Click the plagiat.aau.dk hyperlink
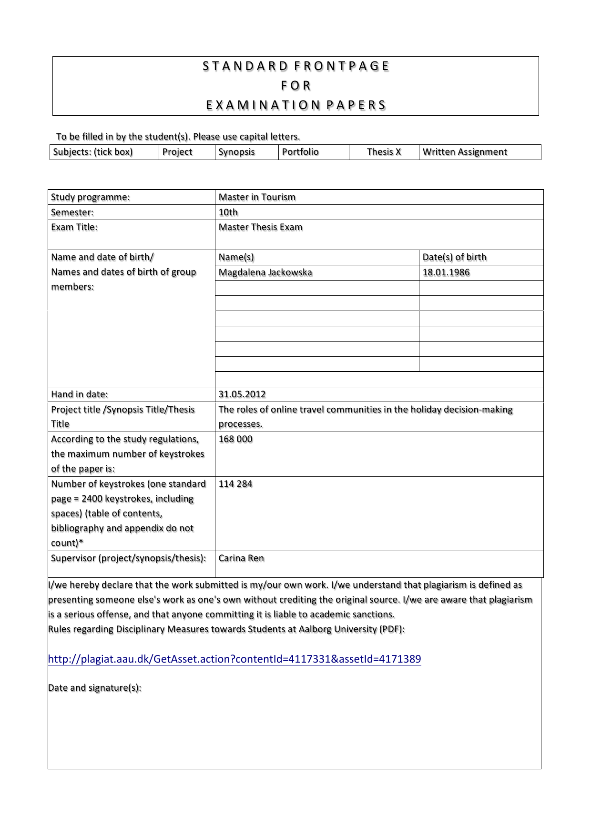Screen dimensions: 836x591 (234, 659)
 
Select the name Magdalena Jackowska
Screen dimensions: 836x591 (265, 272)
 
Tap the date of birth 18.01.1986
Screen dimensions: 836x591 (446, 272)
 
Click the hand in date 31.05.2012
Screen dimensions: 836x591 (242, 394)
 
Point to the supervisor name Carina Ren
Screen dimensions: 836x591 (241, 558)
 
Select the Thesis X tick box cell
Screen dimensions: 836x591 (384, 152)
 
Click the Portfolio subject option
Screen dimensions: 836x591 (300, 152)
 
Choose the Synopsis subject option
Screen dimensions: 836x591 (237, 152)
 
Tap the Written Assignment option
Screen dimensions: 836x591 (465, 152)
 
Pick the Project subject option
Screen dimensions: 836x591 (177, 152)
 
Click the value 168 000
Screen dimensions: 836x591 (235, 439)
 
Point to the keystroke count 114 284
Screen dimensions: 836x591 (235, 484)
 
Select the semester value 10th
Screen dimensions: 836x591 (228, 212)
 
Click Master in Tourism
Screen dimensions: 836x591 (257, 197)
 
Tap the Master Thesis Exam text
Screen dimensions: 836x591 (260, 227)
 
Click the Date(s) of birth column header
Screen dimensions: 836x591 (455, 257)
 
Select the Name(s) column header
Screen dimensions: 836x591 (236, 257)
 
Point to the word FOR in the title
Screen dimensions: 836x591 (296, 86)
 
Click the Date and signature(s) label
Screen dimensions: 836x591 (95, 688)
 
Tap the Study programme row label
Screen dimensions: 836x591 (91, 197)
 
